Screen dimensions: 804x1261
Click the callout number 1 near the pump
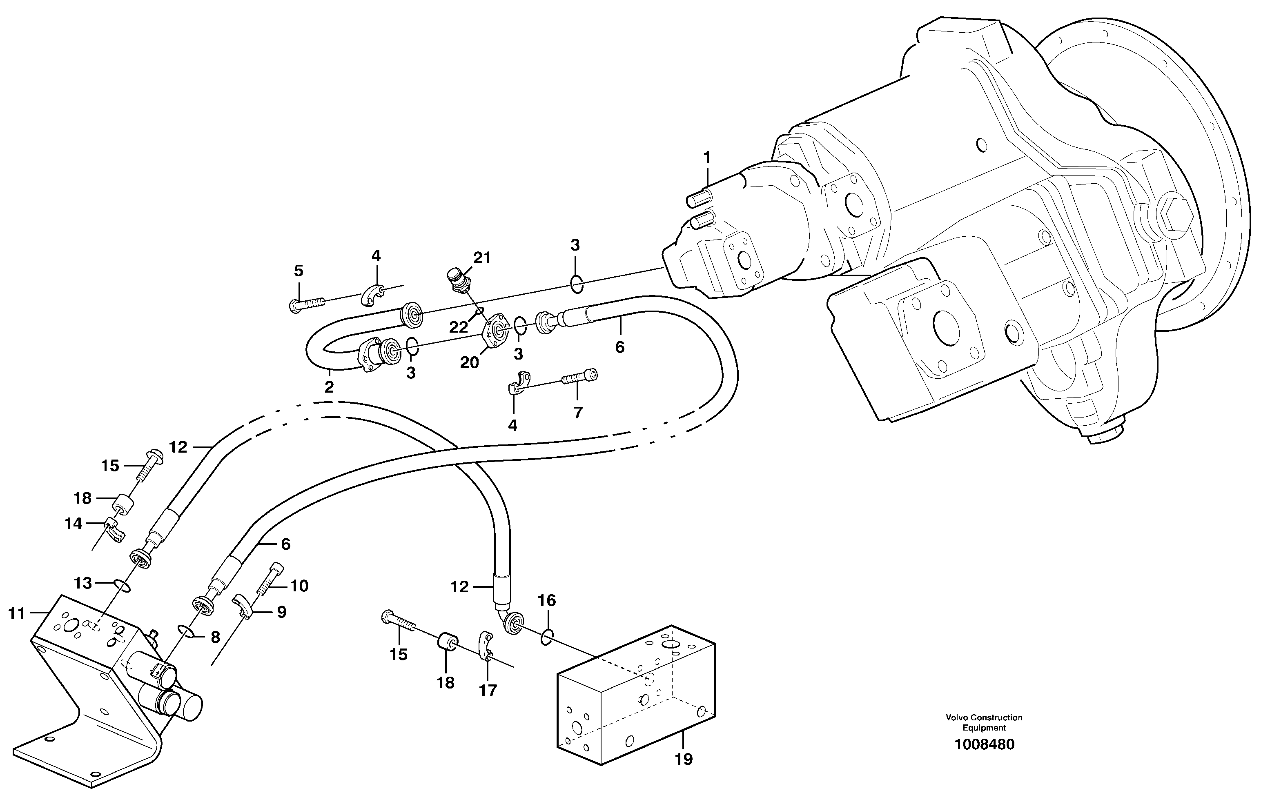707,157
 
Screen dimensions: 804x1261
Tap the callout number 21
482,258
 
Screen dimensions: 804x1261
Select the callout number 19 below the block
684,759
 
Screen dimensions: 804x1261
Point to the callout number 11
17,613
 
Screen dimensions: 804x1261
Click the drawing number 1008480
984,745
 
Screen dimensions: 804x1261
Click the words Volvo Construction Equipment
984,722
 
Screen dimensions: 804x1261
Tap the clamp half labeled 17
486,650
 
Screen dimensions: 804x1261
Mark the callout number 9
282,612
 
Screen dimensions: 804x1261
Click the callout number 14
74,524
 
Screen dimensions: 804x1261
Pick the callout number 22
458,328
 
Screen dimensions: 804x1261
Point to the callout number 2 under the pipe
329,387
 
